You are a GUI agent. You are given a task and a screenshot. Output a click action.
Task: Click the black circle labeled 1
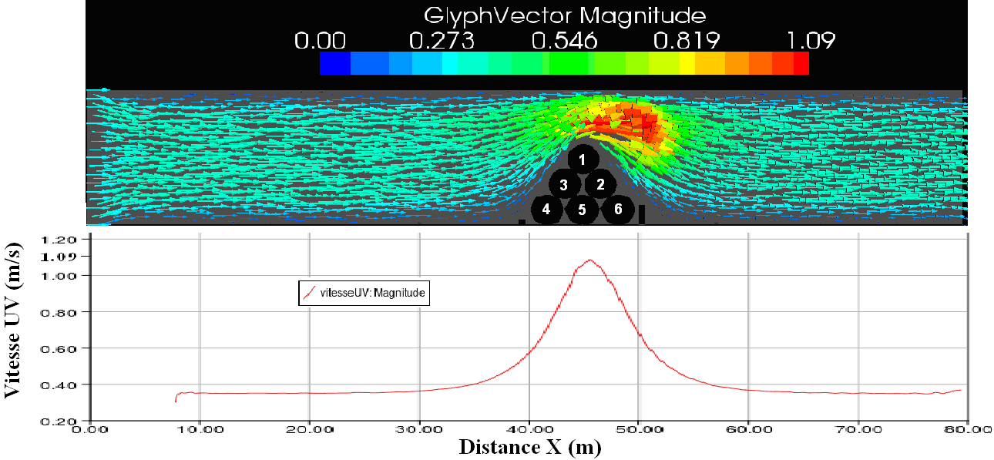[583, 159]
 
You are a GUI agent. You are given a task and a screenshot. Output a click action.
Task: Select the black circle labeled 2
[600, 184]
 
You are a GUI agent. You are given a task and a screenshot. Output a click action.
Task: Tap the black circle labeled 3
[565, 185]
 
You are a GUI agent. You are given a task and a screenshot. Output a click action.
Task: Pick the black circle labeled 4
[546, 209]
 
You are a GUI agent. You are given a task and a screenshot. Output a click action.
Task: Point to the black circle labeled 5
[583, 210]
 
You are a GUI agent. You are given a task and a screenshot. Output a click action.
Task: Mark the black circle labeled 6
[618, 209]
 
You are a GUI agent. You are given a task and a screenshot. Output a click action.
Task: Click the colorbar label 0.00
[320, 41]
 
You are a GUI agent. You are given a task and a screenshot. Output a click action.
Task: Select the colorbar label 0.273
[442, 41]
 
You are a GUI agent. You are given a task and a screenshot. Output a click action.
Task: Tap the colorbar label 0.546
[564, 41]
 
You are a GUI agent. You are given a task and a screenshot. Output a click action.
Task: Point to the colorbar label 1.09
[808, 41]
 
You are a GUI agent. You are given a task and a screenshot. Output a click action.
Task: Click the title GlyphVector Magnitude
[565, 15]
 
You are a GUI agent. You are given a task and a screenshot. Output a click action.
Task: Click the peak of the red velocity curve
[590, 260]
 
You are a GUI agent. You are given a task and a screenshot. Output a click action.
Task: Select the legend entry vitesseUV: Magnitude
[363, 294]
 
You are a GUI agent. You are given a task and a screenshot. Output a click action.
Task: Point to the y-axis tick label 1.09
[69, 257]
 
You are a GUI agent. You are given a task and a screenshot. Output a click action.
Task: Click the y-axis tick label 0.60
[69, 348]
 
